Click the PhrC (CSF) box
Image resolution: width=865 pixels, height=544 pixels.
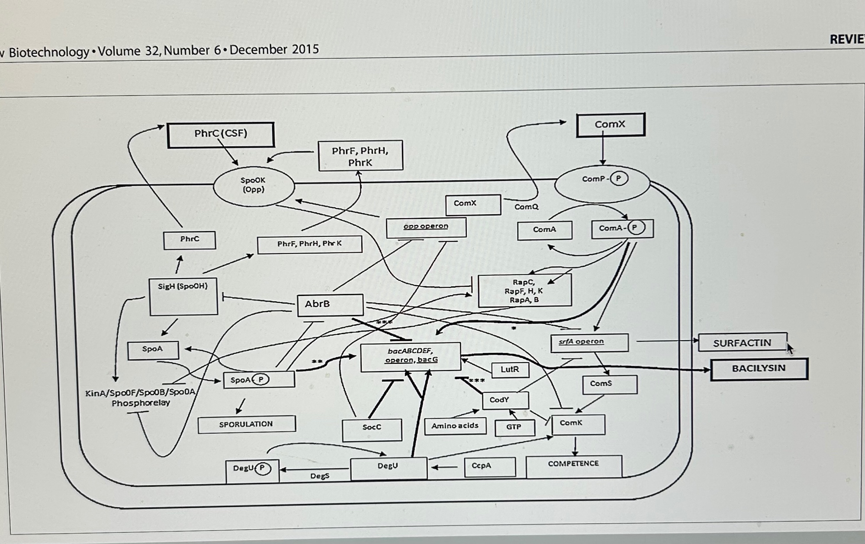pyautogui.click(x=221, y=135)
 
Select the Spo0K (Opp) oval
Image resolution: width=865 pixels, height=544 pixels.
pyautogui.click(x=254, y=186)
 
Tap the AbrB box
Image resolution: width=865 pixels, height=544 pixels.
pyautogui.click(x=330, y=305)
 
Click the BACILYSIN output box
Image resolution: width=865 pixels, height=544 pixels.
pyautogui.click(x=759, y=369)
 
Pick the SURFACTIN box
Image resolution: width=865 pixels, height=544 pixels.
pyautogui.click(x=742, y=343)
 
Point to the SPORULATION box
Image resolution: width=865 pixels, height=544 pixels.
pyautogui.click(x=246, y=424)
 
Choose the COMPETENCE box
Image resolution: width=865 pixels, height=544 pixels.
pyautogui.click(x=573, y=465)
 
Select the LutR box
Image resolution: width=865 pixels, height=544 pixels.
pyautogui.click(x=510, y=370)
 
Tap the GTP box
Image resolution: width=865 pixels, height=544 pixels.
pyautogui.click(x=514, y=427)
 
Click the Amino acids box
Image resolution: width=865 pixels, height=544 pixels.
pyautogui.click(x=455, y=426)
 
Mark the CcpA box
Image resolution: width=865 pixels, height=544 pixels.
pyautogui.click(x=489, y=466)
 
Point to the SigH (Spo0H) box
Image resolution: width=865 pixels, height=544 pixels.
pyautogui.click(x=183, y=296)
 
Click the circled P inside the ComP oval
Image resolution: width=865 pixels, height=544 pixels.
pyautogui.click(x=619, y=179)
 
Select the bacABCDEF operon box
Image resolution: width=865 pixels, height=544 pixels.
pyautogui.click(x=411, y=357)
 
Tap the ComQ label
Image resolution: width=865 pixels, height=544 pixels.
pyautogui.click(x=526, y=207)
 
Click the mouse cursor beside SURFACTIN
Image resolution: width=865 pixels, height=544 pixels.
pyautogui.click(x=790, y=348)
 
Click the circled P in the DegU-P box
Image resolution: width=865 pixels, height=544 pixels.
pyautogui.click(x=262, y=468)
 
